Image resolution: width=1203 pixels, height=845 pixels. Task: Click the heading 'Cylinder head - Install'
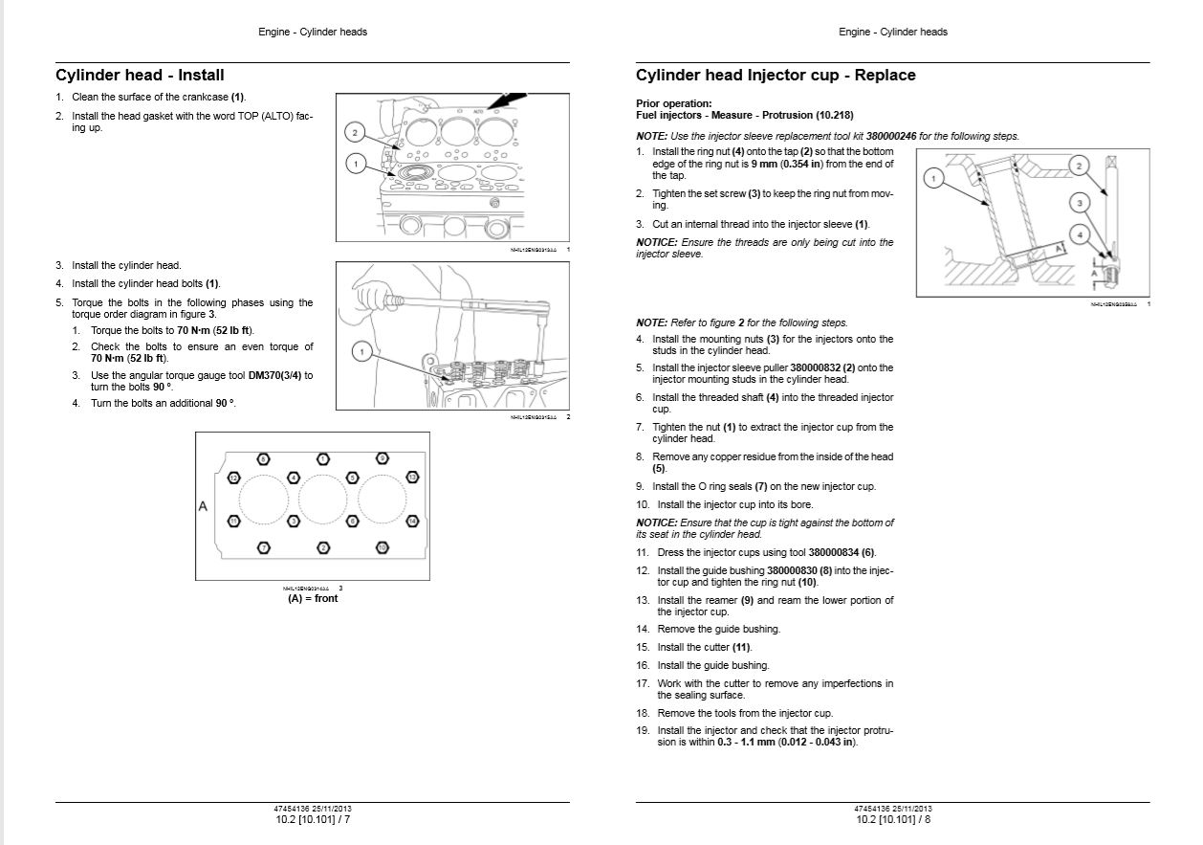coord(140,76)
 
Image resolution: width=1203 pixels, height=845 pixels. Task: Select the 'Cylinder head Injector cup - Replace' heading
coord(776,76)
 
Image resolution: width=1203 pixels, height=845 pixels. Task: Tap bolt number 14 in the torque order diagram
coord(412,521)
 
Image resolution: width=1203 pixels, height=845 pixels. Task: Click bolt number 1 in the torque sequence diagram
coord(323,459)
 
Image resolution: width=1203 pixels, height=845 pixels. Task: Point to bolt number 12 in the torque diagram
coord(233,477)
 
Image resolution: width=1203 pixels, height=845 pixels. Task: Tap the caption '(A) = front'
coord(313,598)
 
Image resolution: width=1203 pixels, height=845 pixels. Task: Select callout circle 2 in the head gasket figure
coord(355,132)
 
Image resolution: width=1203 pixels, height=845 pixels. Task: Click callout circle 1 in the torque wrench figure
coord(361,352)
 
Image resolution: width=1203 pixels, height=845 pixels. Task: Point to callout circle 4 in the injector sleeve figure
coord(1079,234)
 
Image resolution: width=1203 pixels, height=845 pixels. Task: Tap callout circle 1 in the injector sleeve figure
coord(933,178)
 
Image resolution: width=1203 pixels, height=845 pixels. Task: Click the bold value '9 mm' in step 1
coord(763,164)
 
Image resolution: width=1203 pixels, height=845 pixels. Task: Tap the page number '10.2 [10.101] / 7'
coord(312,820)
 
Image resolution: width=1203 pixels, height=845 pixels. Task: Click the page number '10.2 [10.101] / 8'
coord(892,820)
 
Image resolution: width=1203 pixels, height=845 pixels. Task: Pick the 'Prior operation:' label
coord(673,103)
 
